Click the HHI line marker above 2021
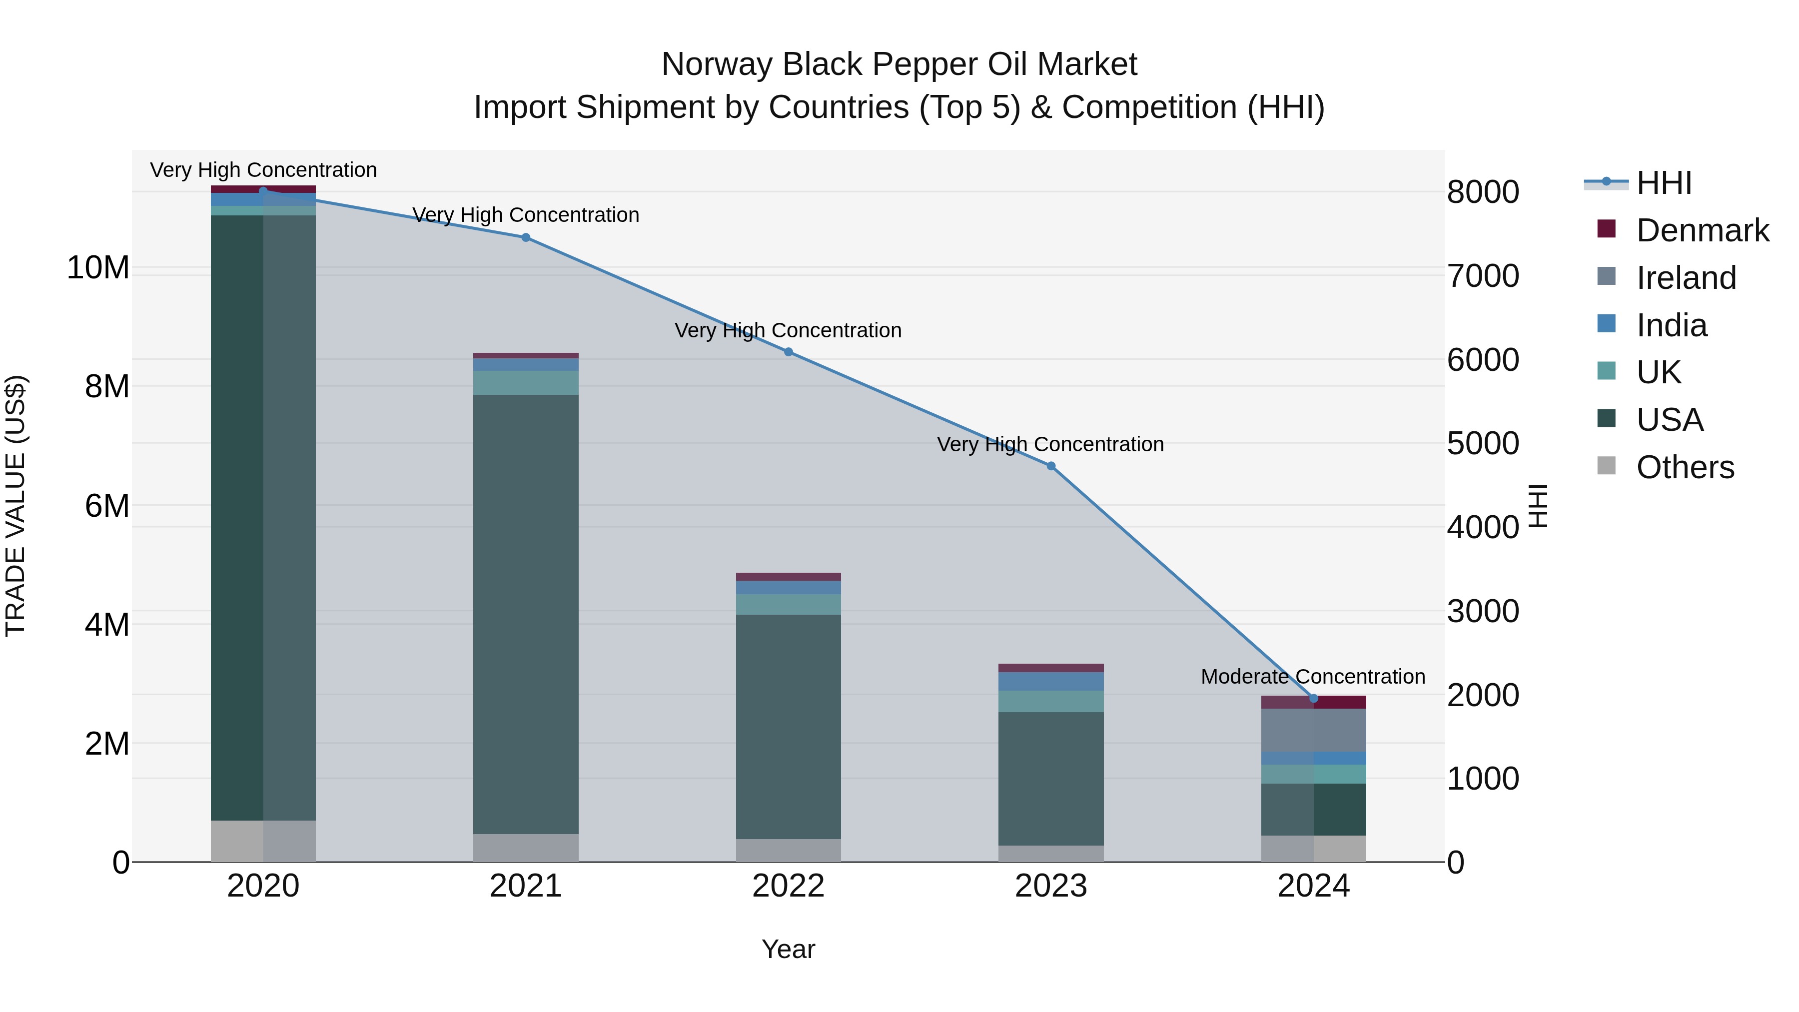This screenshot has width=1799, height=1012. coord(526,237)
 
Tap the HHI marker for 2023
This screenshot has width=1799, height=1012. coord(1051,466)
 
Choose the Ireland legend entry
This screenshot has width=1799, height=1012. coord(1685,278)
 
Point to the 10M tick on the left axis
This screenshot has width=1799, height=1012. coord(98,267)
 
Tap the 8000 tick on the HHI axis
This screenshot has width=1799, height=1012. coord(1483,192)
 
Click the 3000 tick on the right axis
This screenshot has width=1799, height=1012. coord(1483,611)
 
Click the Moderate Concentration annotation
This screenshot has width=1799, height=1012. coord(1313,676)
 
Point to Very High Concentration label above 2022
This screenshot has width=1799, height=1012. coord(788,330)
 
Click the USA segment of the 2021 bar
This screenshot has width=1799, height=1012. coord(526,615)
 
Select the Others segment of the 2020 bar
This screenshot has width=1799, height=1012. coord(263,841)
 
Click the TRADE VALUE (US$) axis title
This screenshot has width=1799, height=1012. coord(15,506)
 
